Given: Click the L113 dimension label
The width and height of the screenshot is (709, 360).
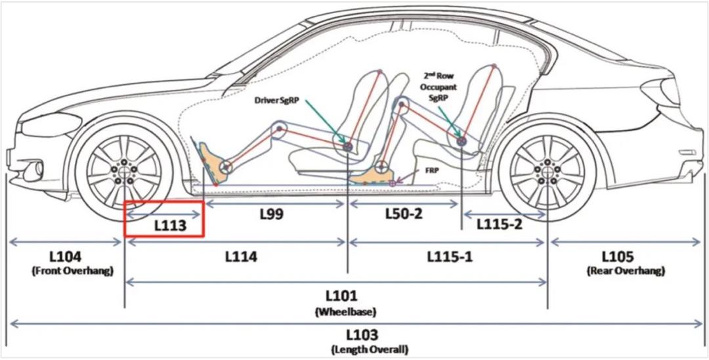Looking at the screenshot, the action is click(x=170, y=226).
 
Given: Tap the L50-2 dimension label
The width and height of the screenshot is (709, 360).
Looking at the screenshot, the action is click(x=404, y=214).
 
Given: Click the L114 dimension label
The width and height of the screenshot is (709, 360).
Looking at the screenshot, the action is click(x=241, y=257).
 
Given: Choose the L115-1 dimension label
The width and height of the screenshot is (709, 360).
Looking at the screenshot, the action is click(x=450, y=256).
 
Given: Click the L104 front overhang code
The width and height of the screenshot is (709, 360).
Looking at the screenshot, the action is click(x=66, y=257).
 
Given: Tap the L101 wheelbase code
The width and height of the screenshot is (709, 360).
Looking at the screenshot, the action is click(x=341, y=296).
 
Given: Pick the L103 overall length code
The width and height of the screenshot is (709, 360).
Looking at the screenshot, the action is click(x=362, y=336).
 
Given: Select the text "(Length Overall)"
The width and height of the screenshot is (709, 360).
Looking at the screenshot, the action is click(x=370, y=349).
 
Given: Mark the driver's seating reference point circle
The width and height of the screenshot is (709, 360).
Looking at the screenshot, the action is click(x=347, y=146).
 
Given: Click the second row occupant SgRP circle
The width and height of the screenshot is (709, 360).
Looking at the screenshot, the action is click(x=462, y=141).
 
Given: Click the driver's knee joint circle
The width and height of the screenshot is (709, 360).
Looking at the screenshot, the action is click(x=280, y=129).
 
